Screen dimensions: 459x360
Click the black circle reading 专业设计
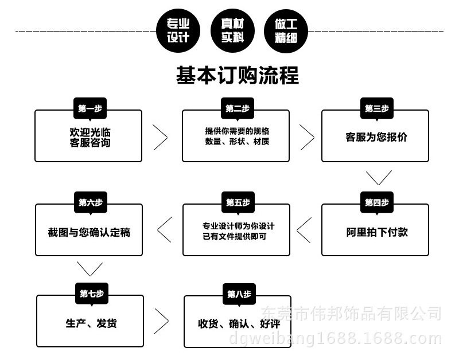(x=178, y=31)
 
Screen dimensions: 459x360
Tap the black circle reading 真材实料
(x=232, y=31)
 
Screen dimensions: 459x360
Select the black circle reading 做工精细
(x=286, y=31)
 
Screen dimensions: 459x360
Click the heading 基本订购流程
(x=238, y=75)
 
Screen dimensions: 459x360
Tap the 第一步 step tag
(x=90, y=108)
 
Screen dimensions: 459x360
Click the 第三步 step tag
(x=377, y=108)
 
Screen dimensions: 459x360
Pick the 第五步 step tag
(x=238, y=202)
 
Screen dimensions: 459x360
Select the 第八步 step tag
(x=239, y=294)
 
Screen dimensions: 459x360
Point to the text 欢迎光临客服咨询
(x=90, y=137)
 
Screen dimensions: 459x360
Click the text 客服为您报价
(x=376, y=137)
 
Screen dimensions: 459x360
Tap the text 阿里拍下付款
(x=377, y=232)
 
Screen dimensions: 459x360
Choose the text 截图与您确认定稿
(x=89, y=232)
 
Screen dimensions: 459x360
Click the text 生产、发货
(x=91, y=323)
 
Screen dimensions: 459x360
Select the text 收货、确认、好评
(x=239, y=324)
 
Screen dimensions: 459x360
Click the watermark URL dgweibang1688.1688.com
(x=336, y=339)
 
